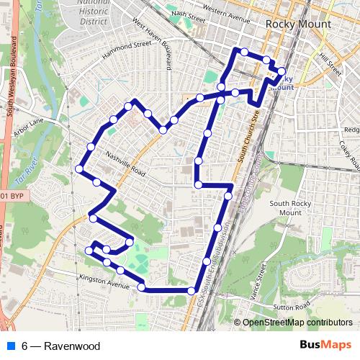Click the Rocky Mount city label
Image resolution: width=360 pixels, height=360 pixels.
[299, 24]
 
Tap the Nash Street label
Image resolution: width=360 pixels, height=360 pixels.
[189, 14]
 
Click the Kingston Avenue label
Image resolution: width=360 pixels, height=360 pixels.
[102, 278]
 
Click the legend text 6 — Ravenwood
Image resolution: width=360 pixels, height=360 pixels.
[60, 346]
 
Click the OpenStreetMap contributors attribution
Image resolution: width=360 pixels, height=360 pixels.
[297, 323]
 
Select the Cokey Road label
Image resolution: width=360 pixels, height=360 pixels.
[351, 153]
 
